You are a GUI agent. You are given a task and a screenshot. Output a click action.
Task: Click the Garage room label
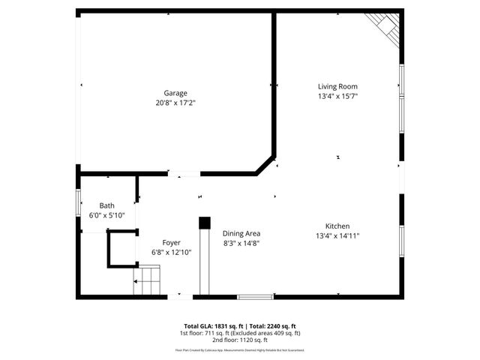tap(175, 93)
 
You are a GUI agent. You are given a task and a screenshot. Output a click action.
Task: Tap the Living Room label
tap(337, 87)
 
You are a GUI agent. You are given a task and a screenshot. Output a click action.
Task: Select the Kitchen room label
tap(337, 226)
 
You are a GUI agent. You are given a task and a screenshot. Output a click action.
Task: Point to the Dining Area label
tap(241, 233)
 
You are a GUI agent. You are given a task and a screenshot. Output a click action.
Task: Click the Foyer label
tap(172, 242)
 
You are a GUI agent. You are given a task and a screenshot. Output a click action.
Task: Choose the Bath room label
tap(107, 205)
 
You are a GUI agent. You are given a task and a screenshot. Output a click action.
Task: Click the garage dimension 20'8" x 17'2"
tap(175, 103)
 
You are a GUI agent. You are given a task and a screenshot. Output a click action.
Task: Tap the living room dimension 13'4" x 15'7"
tap(337, 97)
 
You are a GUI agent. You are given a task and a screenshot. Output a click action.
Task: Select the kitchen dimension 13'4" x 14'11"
tap(337, 236)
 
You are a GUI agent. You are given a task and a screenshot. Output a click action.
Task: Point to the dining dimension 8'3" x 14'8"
tap(241, 243)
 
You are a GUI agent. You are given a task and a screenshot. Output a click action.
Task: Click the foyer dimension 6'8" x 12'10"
tap(172, 252)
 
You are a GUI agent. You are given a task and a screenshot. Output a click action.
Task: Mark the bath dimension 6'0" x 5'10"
tap(107, 215)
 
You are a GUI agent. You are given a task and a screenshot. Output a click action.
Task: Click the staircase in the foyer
tap(148, 284)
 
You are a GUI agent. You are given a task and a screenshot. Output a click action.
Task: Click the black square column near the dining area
tap(203, 223)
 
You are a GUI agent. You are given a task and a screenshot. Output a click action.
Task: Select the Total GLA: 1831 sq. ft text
tap(211, 325)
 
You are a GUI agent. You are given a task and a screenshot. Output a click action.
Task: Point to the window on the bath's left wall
tap(79, 203)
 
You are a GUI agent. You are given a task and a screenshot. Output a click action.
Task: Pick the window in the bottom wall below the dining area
tap(254, 297)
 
